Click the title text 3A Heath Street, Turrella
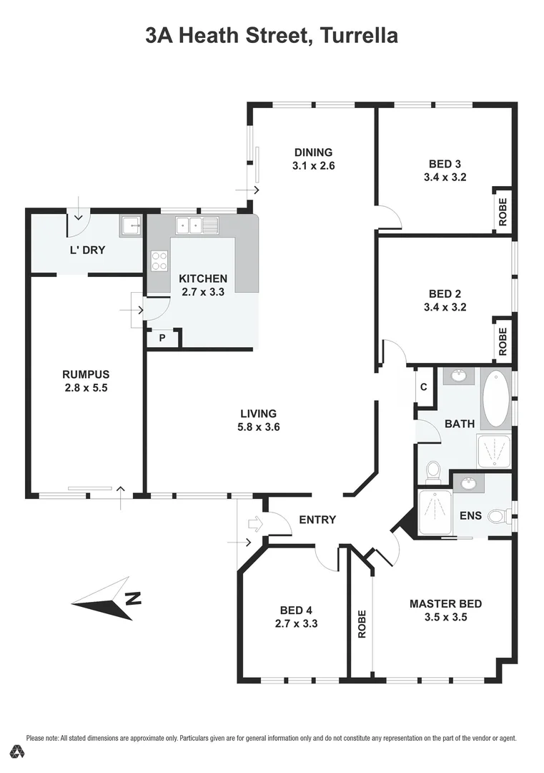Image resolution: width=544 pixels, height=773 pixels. (x=272, y=34)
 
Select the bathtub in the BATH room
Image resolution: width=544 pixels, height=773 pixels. (x=495, y=398)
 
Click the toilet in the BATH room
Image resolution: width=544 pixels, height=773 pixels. (x=433, y=471)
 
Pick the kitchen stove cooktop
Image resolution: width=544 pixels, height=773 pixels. (x=159, y=261)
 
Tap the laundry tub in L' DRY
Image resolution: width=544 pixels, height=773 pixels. (x=130, y=227)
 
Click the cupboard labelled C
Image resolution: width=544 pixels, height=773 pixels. (x=424, y=387)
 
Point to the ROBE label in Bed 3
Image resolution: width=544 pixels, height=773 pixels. (x=503, y=212)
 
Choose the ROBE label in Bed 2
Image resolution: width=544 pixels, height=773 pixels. (x=503, y=341)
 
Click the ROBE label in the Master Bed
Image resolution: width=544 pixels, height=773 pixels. (x=362, y=623)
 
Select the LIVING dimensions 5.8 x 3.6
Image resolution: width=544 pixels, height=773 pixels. (x=258, y=427)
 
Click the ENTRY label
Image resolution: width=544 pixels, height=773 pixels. (x=317, y=520)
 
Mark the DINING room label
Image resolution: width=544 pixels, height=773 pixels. (x=313, y=152)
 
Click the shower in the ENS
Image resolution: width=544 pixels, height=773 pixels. (x=434, y=513)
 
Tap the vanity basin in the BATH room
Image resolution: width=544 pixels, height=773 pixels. (x=457, y=375)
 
